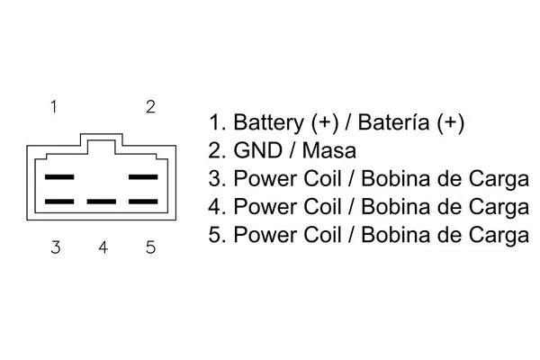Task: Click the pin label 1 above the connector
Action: click(x=54, y=107)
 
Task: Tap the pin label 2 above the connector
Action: click(x=150, y=107)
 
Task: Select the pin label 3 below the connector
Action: click(x=56, y=247)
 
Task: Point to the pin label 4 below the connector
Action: click(x=103, y=247)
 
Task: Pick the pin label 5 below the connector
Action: click(x=150, y=247)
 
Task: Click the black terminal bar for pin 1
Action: click(x=59, y=177)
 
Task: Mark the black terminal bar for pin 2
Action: click(x=143, y=177)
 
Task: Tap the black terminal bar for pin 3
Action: click(x=59, y=202)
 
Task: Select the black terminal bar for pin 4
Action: click(x=101, y=202)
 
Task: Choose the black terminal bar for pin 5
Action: click(x=143, y=202)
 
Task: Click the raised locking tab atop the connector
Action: click(x=101, y=134)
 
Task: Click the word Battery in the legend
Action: click(x=268, y=123)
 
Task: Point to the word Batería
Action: click(x=394, y=122)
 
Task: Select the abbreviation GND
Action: click(x=258, y=150)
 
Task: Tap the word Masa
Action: click(x=329, y=150)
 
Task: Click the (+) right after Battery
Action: click(x=325, y=123)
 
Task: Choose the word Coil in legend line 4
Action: click(x=322, y=207)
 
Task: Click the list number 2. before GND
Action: click(x=217, y=150)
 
